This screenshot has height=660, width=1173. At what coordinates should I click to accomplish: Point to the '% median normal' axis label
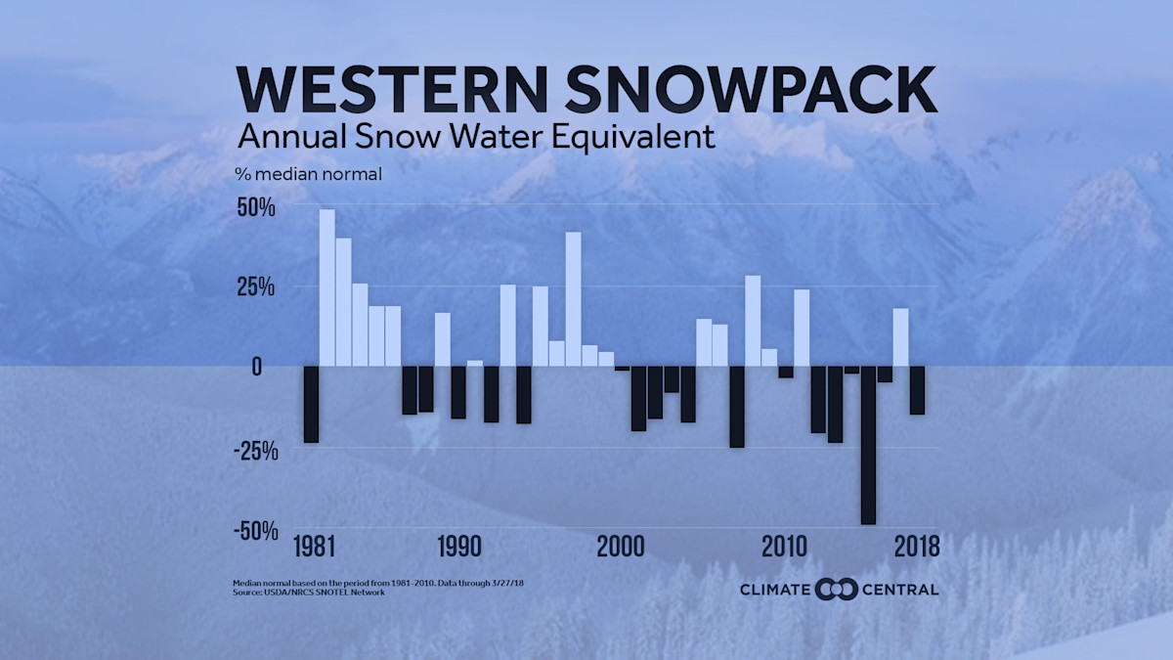click(x=308, y=175)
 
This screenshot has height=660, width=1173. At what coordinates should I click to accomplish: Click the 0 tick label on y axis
click(x=255, y=367)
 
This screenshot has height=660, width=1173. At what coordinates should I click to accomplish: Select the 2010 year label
click(x=785, y=546)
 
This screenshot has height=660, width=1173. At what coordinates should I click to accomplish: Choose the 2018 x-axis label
click(x=916, y=546)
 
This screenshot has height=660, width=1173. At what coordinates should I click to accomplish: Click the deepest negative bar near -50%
click(x=868, y=445)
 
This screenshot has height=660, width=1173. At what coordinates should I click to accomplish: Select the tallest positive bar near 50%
click(x=327, y=287)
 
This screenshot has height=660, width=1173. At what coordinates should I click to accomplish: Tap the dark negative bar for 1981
click(x=311, y=404)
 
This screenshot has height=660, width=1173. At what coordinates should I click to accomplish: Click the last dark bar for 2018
click(x=917, y=390)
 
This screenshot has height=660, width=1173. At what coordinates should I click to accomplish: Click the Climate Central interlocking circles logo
click(x=836, y=589)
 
